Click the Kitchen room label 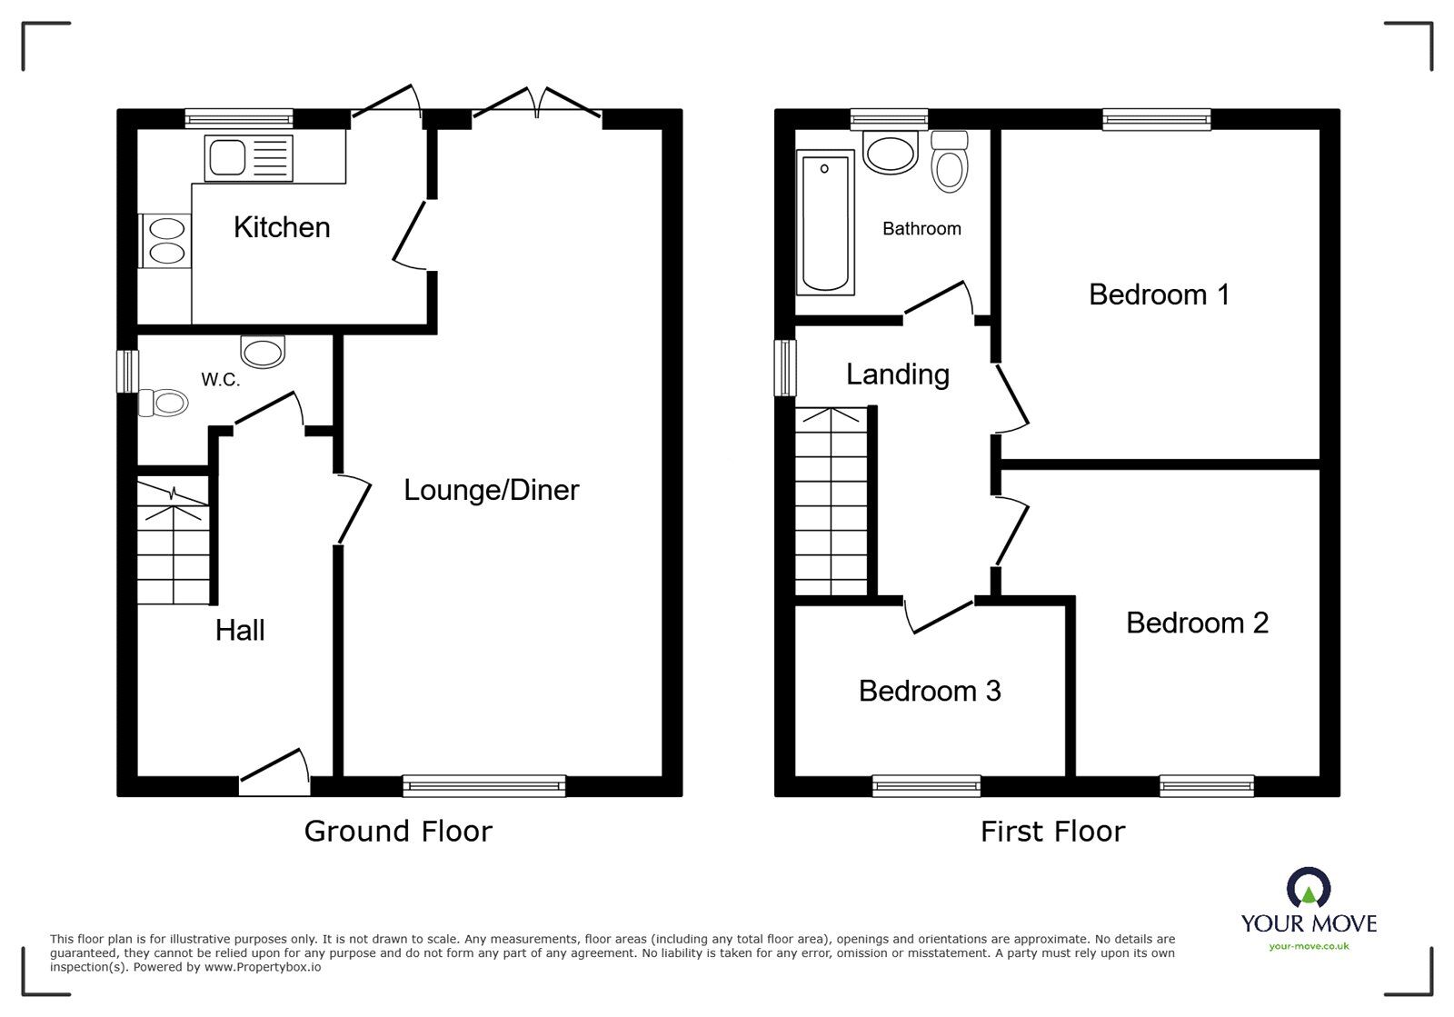point(282,228)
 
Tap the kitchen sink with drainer point(249,158)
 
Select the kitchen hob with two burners point(165,241)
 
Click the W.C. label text point(221,380)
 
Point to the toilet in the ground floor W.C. point(163,403)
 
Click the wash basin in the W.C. point(263,352)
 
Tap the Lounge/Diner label point(492,490)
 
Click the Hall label point(240,630)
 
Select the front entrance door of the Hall point(274,773)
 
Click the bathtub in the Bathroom point(825,223)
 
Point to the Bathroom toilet point(949,162)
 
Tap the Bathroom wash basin point(890,154)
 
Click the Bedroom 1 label point(1160,294)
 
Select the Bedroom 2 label point(1197,623)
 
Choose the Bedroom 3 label point(930,692)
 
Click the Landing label point(898,375)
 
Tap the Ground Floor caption point(398,832)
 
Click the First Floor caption point(1052,832)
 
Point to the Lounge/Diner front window point(484,785)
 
